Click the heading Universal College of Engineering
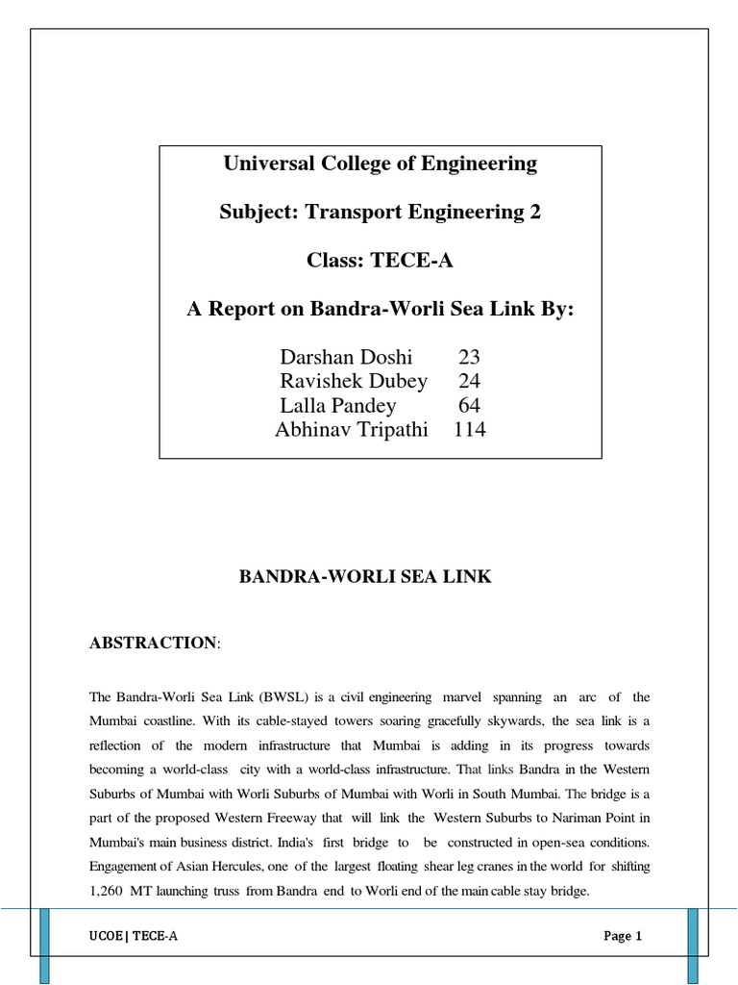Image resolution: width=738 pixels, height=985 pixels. [x=381, y=164]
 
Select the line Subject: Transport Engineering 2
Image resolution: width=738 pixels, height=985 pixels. [x=381, y=213]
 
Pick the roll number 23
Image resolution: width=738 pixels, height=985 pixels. [x=469, y=358]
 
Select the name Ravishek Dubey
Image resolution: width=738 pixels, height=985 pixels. [x=354, y=382]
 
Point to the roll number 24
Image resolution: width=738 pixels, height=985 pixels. [x=469, y=382]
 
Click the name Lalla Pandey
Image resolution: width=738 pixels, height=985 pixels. [x=338, y=406]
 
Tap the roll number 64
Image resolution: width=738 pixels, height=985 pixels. [x=469, y=406]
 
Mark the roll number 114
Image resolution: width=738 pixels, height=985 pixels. [x=469, y=430]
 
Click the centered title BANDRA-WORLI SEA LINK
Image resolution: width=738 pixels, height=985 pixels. [x=365, y=577]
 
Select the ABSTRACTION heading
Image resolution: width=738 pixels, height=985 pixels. [x=153, y=643]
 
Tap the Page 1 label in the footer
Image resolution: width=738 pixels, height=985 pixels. [x=623, y=936]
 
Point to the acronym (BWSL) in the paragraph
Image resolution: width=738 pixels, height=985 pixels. [x=272, y=696]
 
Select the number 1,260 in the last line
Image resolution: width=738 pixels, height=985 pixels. [x=109, y=892]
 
